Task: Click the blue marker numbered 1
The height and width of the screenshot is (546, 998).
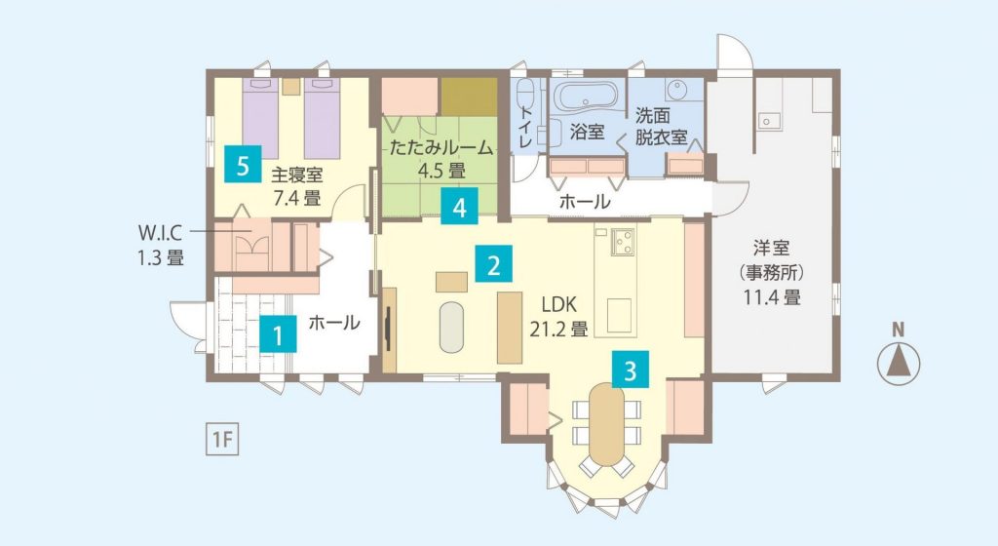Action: (278, 333)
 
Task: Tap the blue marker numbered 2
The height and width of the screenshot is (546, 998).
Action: (493, 264)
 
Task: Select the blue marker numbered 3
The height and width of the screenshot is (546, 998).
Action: (631, 370)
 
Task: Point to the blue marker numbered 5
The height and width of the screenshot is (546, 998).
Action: (242, 165)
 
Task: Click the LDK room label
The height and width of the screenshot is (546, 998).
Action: (558, 304)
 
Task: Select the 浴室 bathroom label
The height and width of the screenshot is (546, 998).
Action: (587, 132)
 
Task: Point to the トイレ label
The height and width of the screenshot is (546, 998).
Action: (525, 128)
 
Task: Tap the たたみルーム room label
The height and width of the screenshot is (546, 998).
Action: (441, 147)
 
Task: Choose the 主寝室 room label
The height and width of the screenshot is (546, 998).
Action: (296, 175)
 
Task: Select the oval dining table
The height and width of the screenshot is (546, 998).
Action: (606, 425)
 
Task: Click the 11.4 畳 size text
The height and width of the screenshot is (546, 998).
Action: (772, 296)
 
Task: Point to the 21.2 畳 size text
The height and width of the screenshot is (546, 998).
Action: (558, 329)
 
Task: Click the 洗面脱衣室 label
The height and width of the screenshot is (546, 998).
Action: (662, 126)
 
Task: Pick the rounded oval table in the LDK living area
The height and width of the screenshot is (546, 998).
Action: (452, 327)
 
